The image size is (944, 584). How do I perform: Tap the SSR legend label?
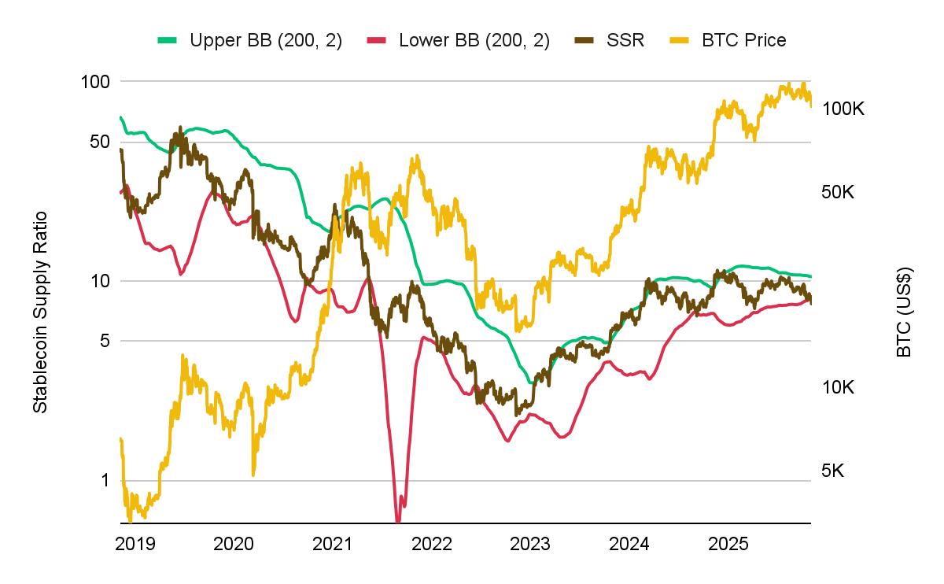[625, 40]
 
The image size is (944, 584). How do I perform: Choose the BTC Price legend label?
[743, 40]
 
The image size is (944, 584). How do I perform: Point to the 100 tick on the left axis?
[94, 81]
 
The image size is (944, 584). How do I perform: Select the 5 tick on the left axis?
[103, 341]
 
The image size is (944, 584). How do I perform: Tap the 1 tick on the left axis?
[104, 480]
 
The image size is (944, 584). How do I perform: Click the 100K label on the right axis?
[843, 109]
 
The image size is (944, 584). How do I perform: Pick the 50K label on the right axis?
[843, 192]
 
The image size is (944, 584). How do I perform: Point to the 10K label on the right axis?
[838, 387]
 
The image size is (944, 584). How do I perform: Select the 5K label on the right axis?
[833, 471]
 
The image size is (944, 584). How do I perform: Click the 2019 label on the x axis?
[135, 543]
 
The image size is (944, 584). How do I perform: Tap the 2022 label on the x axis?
[431, 543]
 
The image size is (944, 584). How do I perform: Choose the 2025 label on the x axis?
[728, 543]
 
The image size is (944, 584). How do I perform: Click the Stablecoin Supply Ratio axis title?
[40, 312]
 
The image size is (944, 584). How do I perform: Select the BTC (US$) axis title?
[904, 312]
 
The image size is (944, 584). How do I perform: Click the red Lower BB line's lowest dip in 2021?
[398, 519]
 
